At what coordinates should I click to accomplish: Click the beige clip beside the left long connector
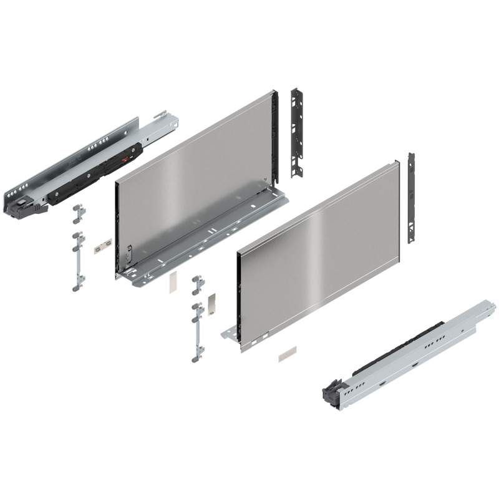(99, 247)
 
